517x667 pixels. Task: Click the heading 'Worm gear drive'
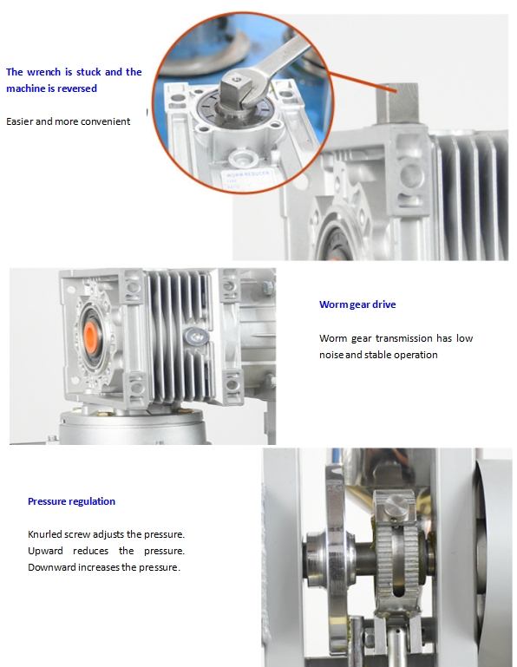tap(357, 304)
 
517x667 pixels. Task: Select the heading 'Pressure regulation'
tap(71, 501)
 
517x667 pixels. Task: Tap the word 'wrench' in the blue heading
tap(44, 72)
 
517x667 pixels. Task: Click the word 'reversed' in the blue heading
tap(77, 88)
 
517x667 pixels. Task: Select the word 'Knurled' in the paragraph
tap(44, 534)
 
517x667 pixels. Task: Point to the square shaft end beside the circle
tap(396, 103)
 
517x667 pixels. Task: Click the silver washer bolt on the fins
tap(196, 337)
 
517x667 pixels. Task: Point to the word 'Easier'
tap(19, 121)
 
